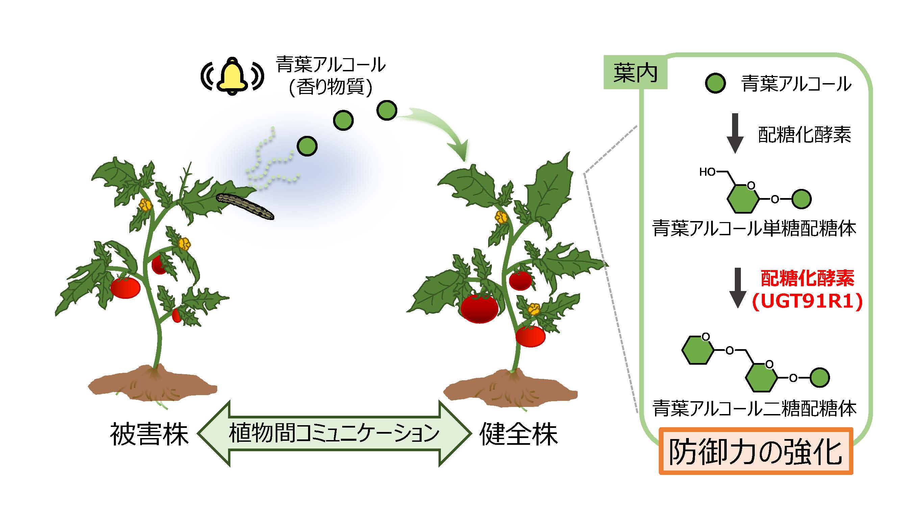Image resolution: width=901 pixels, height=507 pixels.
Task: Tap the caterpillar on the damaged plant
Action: coord(245,206)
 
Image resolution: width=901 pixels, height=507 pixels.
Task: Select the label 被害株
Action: coord(149,434)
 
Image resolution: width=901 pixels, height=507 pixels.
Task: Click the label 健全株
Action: coord(519,434)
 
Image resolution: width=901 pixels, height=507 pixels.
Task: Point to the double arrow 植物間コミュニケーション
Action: coord(334,433)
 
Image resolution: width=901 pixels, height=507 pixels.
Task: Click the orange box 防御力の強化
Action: coord(756,451)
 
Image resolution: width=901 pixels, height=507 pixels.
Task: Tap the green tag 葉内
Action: coord(635,73)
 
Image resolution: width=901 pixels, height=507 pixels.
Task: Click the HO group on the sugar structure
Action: coord(707,172)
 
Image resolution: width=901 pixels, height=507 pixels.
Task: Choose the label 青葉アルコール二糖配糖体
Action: coord(755,408)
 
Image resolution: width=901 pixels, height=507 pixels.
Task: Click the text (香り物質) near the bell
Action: coord(330,87)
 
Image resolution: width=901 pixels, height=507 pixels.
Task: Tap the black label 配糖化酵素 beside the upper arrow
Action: coord(804,135)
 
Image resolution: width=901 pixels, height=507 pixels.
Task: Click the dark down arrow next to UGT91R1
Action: coord(738,288)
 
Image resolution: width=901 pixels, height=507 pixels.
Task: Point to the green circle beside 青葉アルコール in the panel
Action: coord(715,83)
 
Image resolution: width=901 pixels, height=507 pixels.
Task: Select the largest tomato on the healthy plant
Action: coord(479,308)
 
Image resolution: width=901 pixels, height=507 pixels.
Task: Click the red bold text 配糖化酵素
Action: coord(808,278)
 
